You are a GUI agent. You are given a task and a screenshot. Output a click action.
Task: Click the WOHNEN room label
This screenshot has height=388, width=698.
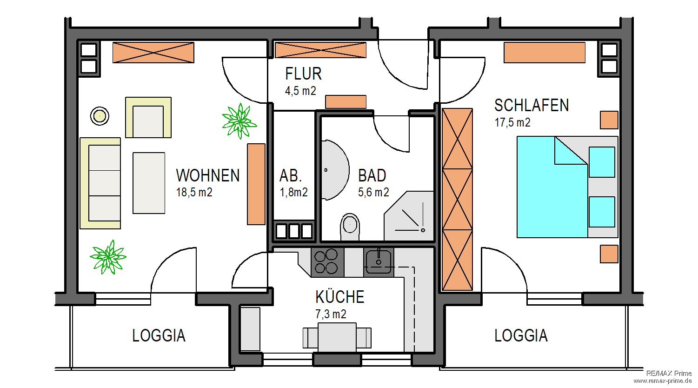[208, 175]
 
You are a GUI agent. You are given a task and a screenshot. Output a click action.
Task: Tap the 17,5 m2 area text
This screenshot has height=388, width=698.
[512, 123]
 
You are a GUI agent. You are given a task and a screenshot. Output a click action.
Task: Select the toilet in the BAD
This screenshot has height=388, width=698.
[350, 226]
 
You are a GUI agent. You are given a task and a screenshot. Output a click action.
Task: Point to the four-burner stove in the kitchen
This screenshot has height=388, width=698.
[326, 261]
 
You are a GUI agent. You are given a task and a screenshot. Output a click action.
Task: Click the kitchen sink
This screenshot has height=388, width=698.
[379, 261]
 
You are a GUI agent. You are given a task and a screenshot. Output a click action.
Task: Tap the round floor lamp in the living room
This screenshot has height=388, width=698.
[100, 115]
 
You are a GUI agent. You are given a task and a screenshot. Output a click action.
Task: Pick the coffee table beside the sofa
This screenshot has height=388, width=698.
[149, 183]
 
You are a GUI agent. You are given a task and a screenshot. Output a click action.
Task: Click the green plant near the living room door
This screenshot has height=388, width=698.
[239, 121]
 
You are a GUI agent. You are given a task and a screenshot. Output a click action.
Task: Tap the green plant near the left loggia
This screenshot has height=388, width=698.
[108, 257]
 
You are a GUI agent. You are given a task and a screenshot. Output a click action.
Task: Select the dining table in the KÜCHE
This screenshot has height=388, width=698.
[337, 338]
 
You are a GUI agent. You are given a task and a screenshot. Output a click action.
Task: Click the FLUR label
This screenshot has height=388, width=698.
[303, 74]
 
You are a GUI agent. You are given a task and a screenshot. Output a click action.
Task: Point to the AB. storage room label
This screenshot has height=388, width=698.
[291, 176]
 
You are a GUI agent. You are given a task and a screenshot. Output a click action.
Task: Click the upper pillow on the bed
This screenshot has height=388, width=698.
[602, 162]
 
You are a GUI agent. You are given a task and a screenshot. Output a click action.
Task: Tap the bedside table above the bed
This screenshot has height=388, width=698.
[609, 120]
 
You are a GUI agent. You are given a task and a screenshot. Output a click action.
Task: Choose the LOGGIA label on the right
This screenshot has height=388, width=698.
[521, 335]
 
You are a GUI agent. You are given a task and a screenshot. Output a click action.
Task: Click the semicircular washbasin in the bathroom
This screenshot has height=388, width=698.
[334, 170]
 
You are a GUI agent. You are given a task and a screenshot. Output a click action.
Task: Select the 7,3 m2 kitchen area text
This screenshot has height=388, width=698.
[331, 314]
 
